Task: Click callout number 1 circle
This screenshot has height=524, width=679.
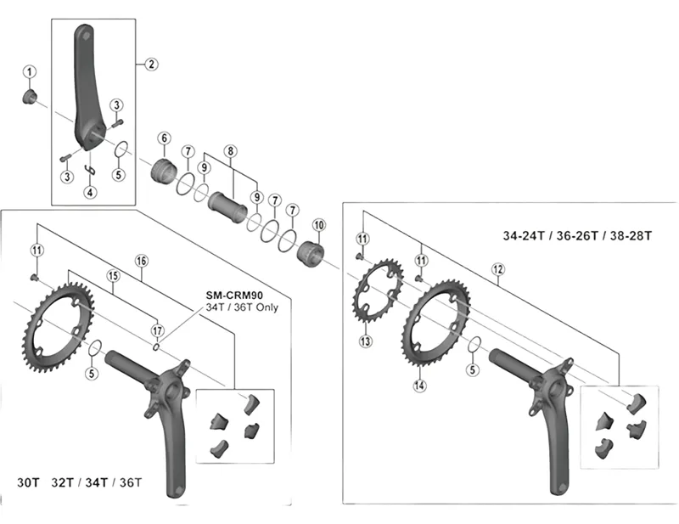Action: pos(29,71)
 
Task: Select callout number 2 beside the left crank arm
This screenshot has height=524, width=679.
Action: pos(150,64)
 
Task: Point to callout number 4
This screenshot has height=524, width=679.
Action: pos(91,193)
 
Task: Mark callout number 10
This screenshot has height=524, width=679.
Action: pos(319,225)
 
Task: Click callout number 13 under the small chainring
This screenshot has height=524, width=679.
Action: pos(366,342)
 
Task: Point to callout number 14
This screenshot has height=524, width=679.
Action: pos(419,385)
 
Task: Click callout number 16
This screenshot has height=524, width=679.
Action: pos(141,260)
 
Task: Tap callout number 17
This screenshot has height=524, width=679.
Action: pos(156,330)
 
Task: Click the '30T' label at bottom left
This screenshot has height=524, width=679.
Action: pos(29,482)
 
